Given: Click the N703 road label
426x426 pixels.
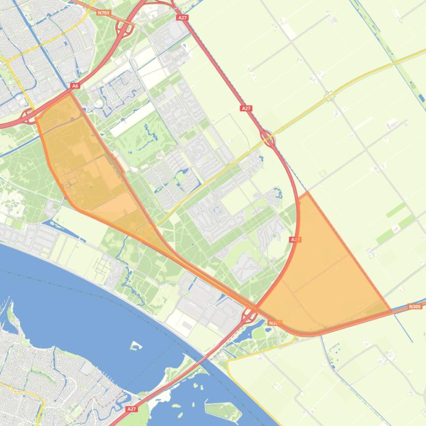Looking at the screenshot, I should click(x=103, y=12).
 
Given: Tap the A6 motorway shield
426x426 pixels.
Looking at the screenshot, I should click(x=75, y=86).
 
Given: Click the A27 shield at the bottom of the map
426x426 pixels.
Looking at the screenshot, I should click(x=131, y=409).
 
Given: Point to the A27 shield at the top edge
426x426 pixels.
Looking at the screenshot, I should click(x=183, y=18).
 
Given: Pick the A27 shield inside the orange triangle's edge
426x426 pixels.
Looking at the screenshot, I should click(x=295, y=240).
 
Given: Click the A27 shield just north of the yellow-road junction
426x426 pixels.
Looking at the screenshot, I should click(x=246, y=108).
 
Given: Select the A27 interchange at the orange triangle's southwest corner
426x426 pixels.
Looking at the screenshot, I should click(x=249, y=316).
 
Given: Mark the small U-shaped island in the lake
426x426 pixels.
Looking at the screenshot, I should click(x=135, y=346).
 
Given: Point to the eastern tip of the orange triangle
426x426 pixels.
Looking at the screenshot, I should click(x=391, y=311).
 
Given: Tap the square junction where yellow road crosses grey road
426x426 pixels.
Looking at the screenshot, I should click(x=330, y=96).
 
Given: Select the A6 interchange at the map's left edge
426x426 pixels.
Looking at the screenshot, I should click(x=27, y=117).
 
